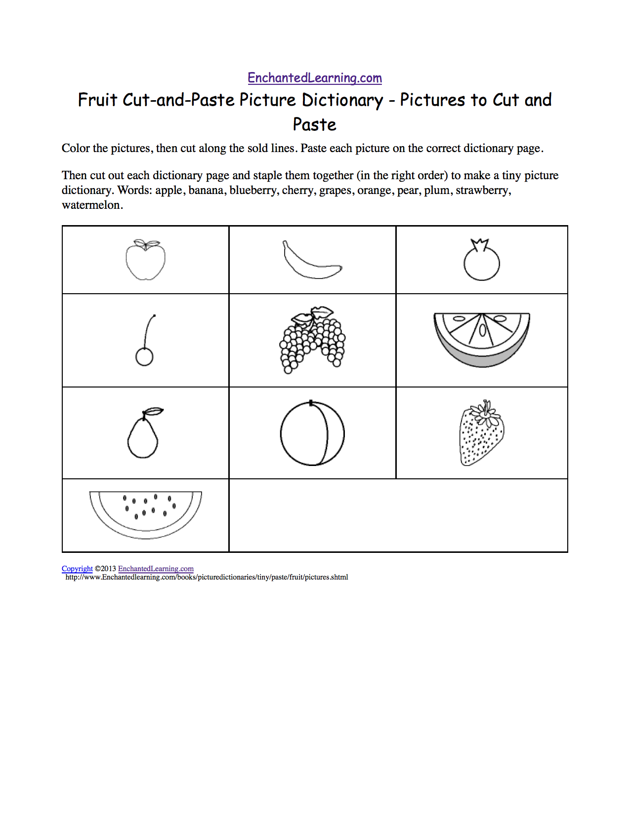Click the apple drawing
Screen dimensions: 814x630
pyautogui.click(x=145, y=261)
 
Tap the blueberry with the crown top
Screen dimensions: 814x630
pyautogui.click(x=481, y=262)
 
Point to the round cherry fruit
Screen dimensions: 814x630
pyautogui.click(x=144, y=356)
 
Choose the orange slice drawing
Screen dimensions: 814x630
pyautogui.click(x=482, y=338)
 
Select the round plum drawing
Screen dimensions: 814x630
pyautogui.click(x=312, y=433)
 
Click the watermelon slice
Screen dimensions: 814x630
pyautogui.click(x=146, y=513)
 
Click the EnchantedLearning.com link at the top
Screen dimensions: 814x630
pyautogui.click(x=315, y=78)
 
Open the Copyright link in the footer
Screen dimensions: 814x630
pyautogui.click(x=77, y=569)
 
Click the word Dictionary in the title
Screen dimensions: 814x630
pyautogui.click(x=342, y=100)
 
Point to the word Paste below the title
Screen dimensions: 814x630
pyautogui.click(x=315, y=125)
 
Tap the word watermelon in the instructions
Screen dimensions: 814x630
pyautogui.click(x=91, y=205)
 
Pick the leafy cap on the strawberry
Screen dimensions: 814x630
pyautogui.click(x=486, y=413)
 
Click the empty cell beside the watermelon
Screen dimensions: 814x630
pyautogui.click(x=398, y=515)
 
